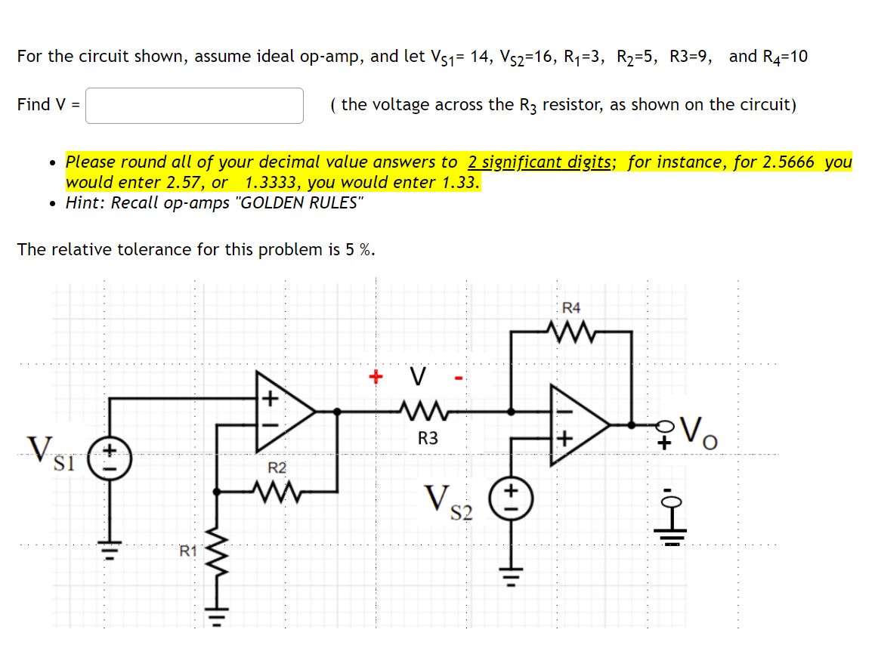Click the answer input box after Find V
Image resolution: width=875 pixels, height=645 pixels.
tap(194, 106)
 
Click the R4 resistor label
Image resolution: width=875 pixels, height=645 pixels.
tap(572, 307)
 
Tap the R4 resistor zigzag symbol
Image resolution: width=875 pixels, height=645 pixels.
tap(572, 330)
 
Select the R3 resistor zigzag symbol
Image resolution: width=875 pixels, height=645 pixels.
tap(428, 412)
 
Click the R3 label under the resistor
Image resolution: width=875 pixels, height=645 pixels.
tap(428, 438)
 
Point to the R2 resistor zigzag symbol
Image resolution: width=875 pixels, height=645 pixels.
tap(277, 492)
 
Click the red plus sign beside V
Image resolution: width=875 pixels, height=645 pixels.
tap(374, 375)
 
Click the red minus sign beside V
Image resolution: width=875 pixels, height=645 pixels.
tap(458, 377)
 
